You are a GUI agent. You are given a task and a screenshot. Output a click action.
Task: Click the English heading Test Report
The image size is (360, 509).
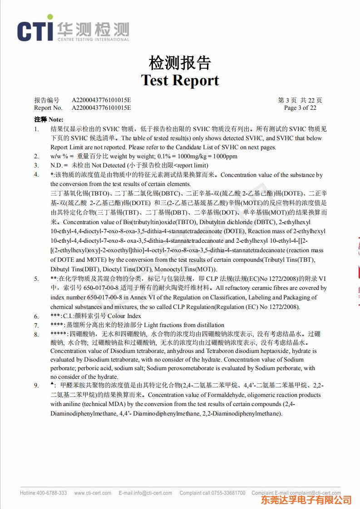click(x=180, y=80)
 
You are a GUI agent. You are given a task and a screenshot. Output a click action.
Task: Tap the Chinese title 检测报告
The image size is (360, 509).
click(x=180, y=63)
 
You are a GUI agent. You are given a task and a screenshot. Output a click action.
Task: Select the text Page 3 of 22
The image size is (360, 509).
click(x=300, y=108)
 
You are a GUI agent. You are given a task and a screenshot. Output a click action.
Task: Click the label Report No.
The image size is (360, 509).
click(x=48, y=108)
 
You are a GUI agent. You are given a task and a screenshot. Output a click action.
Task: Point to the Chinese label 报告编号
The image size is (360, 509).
click(x=47, y=100)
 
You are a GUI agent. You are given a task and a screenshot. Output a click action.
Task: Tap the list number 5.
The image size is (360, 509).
click(x=36, y=279)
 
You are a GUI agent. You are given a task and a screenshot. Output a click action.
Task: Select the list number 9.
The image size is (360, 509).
click(x=36, y=386)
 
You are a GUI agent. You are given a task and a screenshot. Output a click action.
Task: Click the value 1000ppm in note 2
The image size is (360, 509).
click(x=225, y=157)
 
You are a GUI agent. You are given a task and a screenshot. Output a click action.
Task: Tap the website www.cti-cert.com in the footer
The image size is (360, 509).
click(x=93, y=493)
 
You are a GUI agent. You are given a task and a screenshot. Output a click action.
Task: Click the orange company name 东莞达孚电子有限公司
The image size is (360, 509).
click(x=306, y=500)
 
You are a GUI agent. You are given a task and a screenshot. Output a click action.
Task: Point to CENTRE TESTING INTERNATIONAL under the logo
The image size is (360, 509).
click(x=93, y=40)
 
